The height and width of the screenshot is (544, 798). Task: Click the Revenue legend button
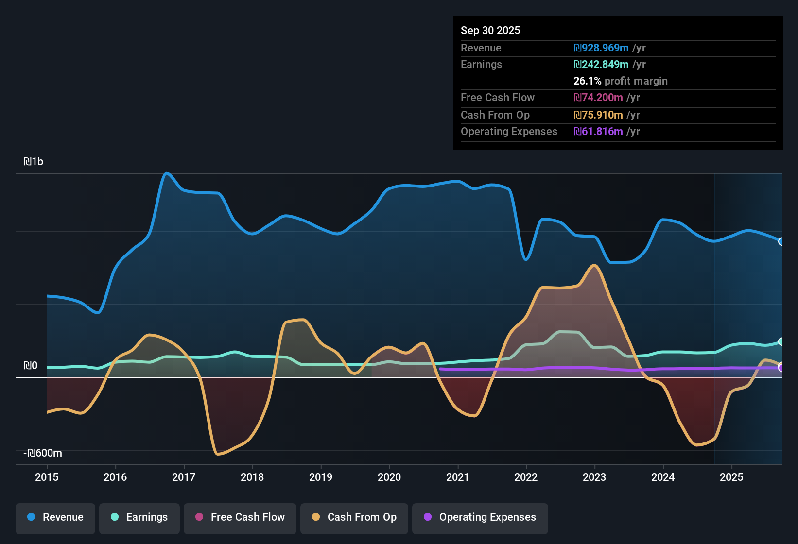[55, 517]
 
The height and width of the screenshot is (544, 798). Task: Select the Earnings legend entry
[139, 517]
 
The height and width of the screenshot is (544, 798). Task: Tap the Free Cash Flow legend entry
[240, 517]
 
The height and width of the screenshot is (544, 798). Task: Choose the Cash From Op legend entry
[354, 517]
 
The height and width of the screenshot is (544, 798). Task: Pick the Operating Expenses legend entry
[480, 517]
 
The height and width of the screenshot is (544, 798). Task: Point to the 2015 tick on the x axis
[47, 477]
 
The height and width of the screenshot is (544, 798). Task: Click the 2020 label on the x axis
[389, 477]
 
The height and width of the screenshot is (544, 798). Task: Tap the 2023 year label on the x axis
[594, 477]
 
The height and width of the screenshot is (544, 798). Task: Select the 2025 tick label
[731, 477]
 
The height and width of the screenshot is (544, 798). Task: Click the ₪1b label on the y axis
[33, 162]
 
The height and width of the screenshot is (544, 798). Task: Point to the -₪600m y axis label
[43, 453]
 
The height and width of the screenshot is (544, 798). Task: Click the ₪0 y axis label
[30, 366]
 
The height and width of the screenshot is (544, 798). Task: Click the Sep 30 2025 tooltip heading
[490, 30]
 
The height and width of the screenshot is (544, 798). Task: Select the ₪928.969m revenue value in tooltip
[601, 48]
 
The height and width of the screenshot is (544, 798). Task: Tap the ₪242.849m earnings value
[601, 64]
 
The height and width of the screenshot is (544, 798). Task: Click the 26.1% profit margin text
[620, 81]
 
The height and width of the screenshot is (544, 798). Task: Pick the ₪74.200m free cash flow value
[598, 97]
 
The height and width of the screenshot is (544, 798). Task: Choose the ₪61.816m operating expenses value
[598, 131]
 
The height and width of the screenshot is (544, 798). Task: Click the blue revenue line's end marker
[781, 241]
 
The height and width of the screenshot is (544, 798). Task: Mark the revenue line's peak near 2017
[167, 173]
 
